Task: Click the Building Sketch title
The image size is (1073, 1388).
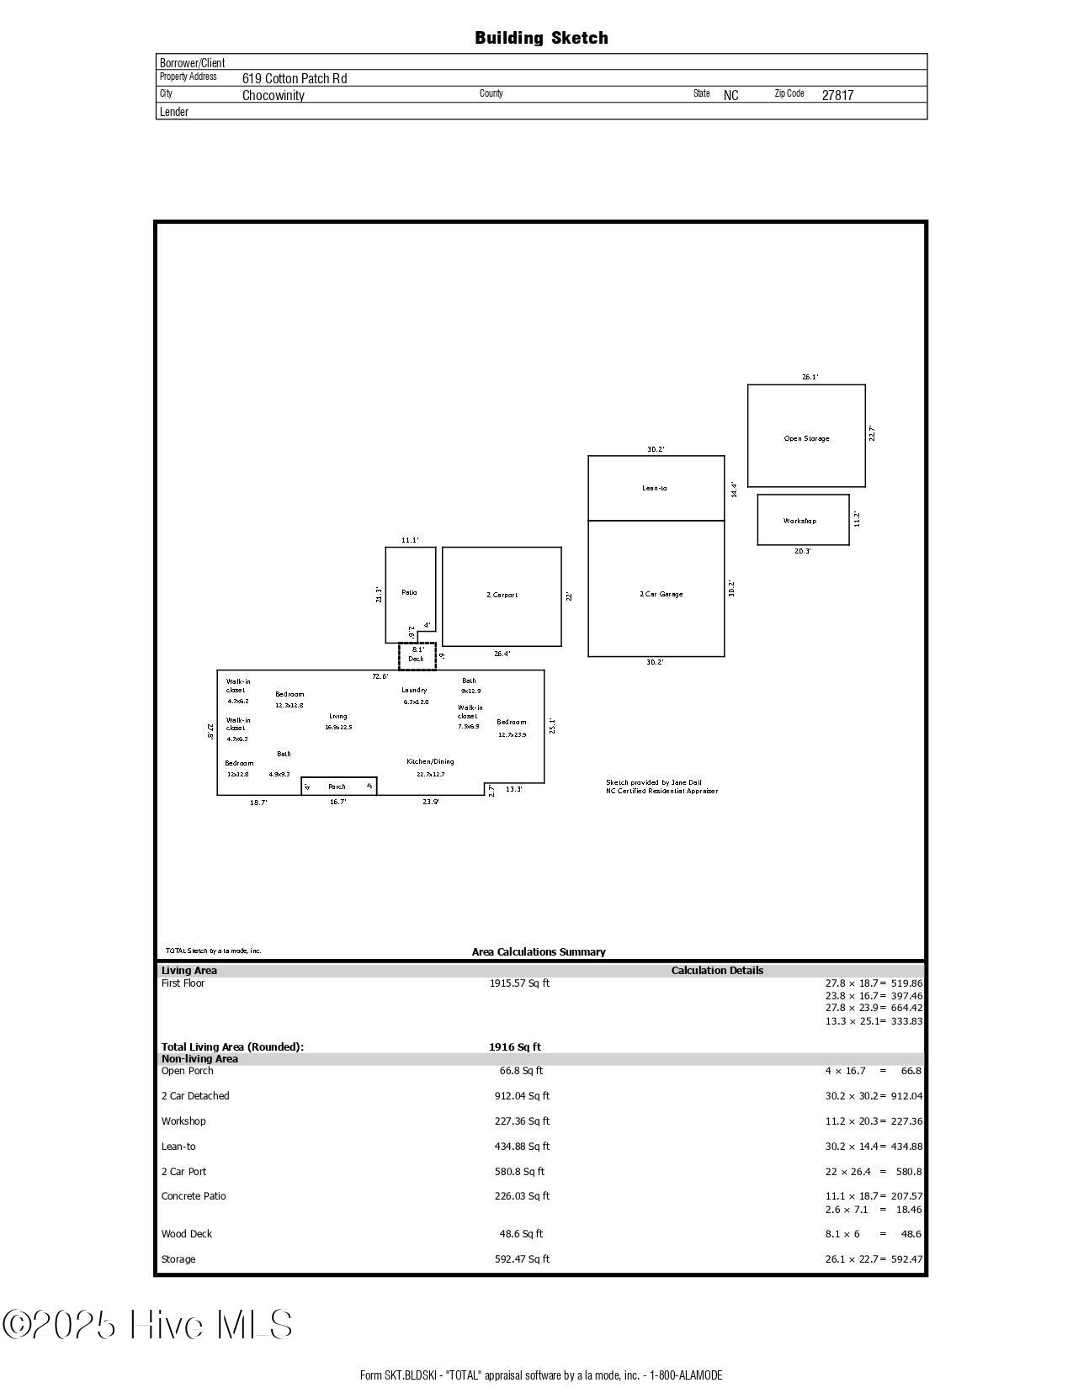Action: click(541, 38)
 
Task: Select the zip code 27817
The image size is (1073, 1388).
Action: click(837, 95)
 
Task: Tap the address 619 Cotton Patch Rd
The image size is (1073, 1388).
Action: click(295, 78)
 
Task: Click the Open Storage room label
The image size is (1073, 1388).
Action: click(806, 438)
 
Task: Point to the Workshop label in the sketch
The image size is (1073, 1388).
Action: click(799, 521)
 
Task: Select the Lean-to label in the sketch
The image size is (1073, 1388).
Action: click(655, 488)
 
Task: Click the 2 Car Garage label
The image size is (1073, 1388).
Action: click(661, 594)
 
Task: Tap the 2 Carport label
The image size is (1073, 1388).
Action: click(502, 595)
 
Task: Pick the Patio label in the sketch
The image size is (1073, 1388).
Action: click(409, 592)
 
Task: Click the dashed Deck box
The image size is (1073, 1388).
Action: click(417, 656)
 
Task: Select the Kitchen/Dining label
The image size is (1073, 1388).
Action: click(430, 761)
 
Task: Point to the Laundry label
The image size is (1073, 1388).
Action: click(414, 690)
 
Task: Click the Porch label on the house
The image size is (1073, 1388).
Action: click(337, 787)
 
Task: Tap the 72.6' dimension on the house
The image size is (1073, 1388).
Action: click(380, 676)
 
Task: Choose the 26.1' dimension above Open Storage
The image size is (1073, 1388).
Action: click(810, 378)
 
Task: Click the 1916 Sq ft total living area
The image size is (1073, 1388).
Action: click(515, 1047)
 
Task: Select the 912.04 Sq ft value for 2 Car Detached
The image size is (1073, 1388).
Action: click(522, 1096)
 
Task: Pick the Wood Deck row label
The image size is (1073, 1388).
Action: click(187, 1234)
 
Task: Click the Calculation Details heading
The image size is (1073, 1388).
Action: click(717, 971)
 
